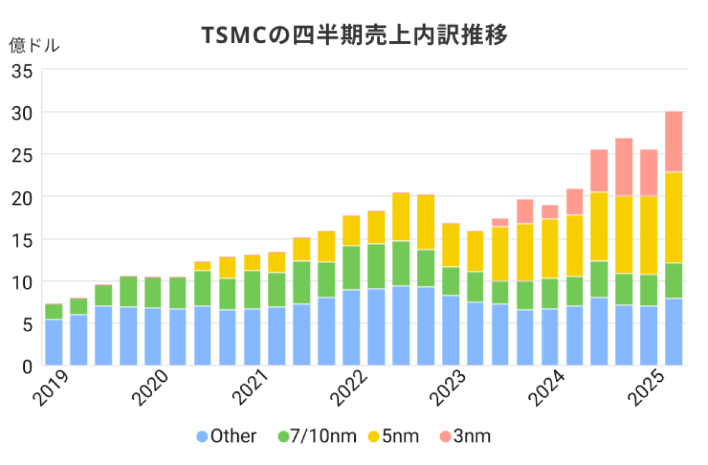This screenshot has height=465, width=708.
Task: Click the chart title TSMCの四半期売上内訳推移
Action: [354, 37]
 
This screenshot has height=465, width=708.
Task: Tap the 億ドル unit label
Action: [34, 46]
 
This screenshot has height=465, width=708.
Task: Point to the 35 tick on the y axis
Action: [24, 70]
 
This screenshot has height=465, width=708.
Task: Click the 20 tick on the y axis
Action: [24, 197]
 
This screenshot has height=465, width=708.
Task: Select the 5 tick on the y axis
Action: [28, 323]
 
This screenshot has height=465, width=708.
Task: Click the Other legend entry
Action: [227, 437]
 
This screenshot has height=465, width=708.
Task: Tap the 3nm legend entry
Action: [466, 437]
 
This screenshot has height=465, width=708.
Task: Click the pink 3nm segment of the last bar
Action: [673, 142]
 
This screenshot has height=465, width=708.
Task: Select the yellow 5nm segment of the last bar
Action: [673, 217]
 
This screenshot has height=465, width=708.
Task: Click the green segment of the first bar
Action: [54, 312]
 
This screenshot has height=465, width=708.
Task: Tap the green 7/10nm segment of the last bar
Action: [673, 280]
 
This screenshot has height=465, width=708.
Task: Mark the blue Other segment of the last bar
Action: [673, 332]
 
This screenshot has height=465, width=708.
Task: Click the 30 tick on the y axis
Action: [24, 112]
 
